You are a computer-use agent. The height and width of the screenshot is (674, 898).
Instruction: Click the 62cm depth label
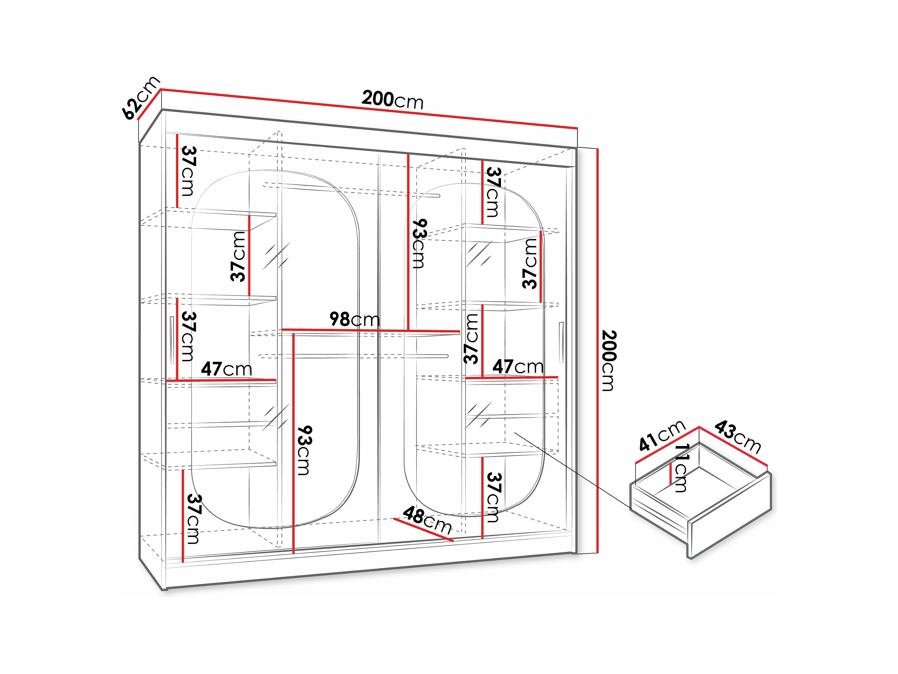tap(140, 98)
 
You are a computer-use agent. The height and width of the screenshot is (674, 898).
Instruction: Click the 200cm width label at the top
tap(392, 100)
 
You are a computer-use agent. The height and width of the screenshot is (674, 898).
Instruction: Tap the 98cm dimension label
tap(354, 320)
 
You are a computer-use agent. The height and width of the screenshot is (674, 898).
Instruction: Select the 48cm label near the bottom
tap(427, 521)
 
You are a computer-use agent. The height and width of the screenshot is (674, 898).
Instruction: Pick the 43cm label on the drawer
tap(737, 437)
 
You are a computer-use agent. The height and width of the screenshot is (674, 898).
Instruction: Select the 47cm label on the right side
tap(518, 367)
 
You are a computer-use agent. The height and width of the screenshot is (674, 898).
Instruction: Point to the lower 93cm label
tap(304, 450)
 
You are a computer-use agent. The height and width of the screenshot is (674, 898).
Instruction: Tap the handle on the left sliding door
tap(172, 340)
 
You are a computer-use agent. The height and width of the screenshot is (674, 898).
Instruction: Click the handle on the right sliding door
tap(561, 342)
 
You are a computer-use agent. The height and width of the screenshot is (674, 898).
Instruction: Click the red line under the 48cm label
tap(423, 530)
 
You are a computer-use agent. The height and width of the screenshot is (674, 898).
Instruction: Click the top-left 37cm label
tap(188, 171)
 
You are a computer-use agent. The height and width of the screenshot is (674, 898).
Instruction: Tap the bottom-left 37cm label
tap(193, 519)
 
